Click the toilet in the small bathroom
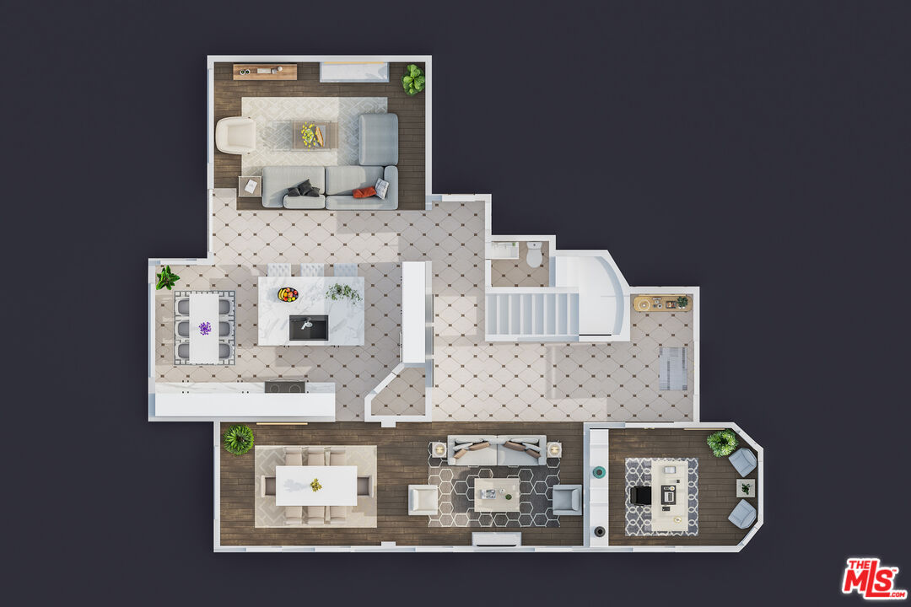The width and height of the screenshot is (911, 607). pos(534,255)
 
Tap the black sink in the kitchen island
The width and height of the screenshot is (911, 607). pos(309,328)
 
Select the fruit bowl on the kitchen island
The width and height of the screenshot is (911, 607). pos(288,294)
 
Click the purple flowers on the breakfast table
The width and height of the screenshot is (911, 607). pos(205,328)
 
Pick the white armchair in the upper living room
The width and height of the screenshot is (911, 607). pos(235,136)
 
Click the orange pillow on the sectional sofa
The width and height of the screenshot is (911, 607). pos(364,192)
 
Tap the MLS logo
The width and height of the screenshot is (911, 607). pos(874,578)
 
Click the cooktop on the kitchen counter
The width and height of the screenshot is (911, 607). pos(285,387)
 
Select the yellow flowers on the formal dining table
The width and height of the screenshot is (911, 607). pos(316,485)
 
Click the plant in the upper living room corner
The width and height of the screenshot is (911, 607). pos(413,79)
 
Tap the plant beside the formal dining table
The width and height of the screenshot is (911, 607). pos(239,439)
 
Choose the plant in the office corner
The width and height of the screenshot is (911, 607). pos(722,443)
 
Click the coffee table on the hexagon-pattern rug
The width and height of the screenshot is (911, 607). pos(497,494)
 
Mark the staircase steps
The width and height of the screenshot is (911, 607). pos(531,314)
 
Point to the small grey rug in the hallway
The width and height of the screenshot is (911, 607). pos(673,368)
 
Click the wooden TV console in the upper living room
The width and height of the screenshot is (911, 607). pos(265,72)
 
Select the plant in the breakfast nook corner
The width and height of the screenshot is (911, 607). pos(167,277)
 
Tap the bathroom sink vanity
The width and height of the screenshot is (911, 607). pos(503,250)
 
